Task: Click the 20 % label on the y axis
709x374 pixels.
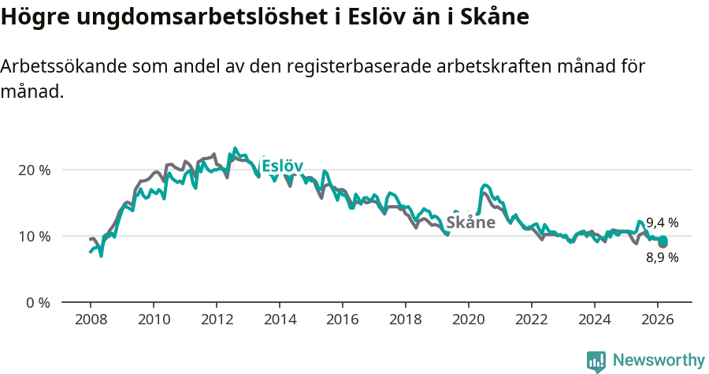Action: pos(34,170)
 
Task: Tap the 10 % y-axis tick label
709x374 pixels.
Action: pos(34,236)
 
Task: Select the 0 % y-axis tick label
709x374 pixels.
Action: pos(37,302)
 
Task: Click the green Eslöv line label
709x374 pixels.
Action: pos(282,166)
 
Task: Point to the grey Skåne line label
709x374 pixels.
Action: pos(470,223)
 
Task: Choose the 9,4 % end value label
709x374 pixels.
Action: pos(662,223)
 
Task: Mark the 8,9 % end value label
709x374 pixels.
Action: pos(662,257)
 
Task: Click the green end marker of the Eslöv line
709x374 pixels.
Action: pos(663,240)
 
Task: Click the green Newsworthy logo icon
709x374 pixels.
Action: pos(596,361)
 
